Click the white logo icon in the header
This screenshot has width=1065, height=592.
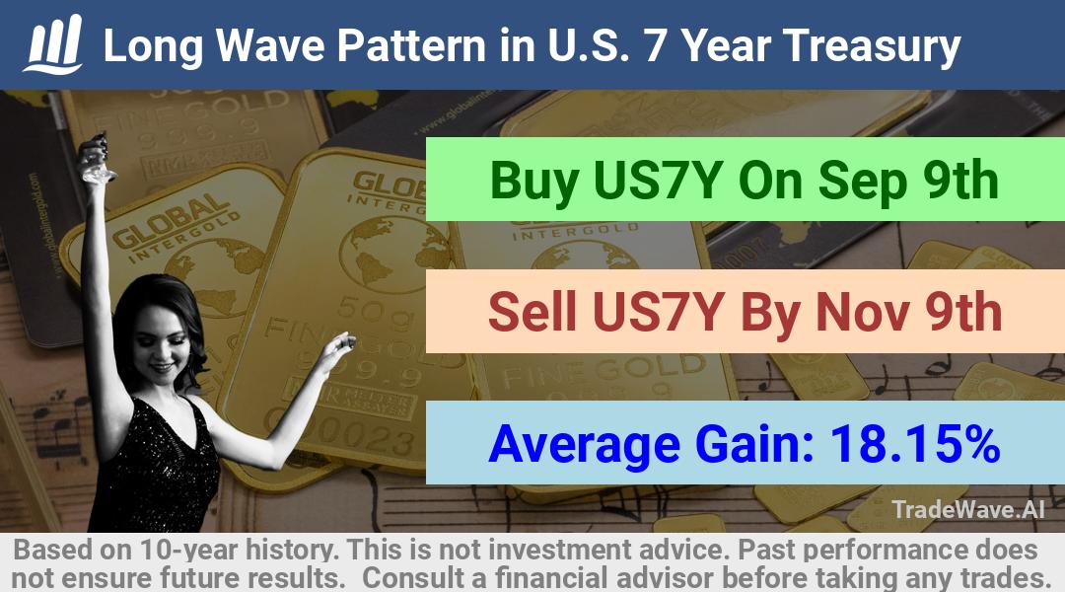coord(53,44)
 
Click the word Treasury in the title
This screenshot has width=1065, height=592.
coord(872,46)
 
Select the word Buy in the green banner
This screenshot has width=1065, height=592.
coord(533,182)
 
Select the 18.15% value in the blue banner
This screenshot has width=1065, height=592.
coord(915,444)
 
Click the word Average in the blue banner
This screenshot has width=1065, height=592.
coord(584,445)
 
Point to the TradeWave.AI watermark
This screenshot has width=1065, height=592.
coord(968,509)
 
